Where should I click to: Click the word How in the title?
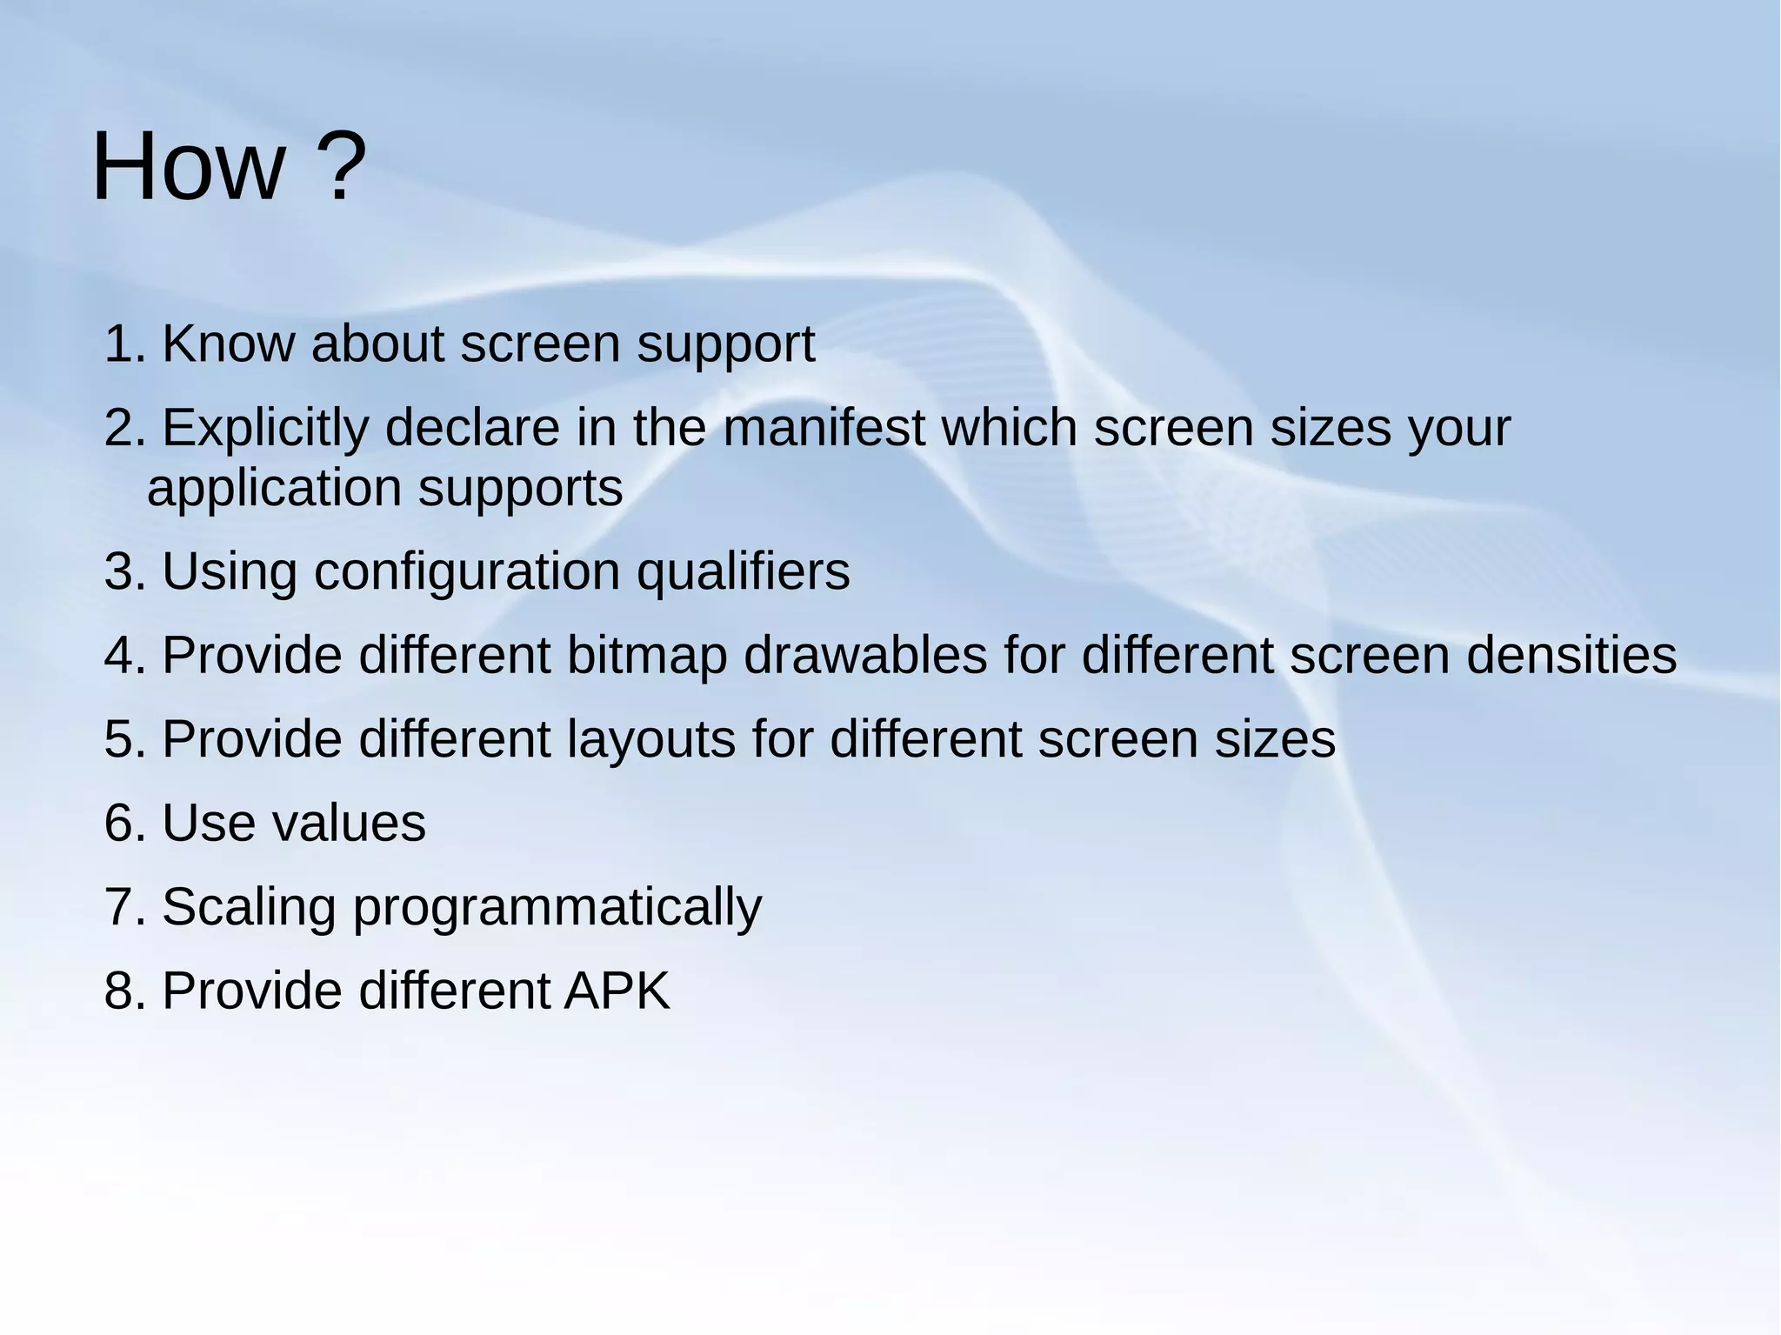click(188, 167)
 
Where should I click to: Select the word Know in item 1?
click(228, 344)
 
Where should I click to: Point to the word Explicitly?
click(264, 430)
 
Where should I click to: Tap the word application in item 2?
click(274, 489)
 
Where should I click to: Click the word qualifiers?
click(743, 573)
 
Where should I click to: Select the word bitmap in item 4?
click(646, 656)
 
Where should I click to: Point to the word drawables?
click(865, 656)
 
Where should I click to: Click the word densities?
click(1571, 656)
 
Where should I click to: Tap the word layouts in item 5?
click(651, 740)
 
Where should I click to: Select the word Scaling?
click(249, 908)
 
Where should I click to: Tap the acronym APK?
click(617, 991)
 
